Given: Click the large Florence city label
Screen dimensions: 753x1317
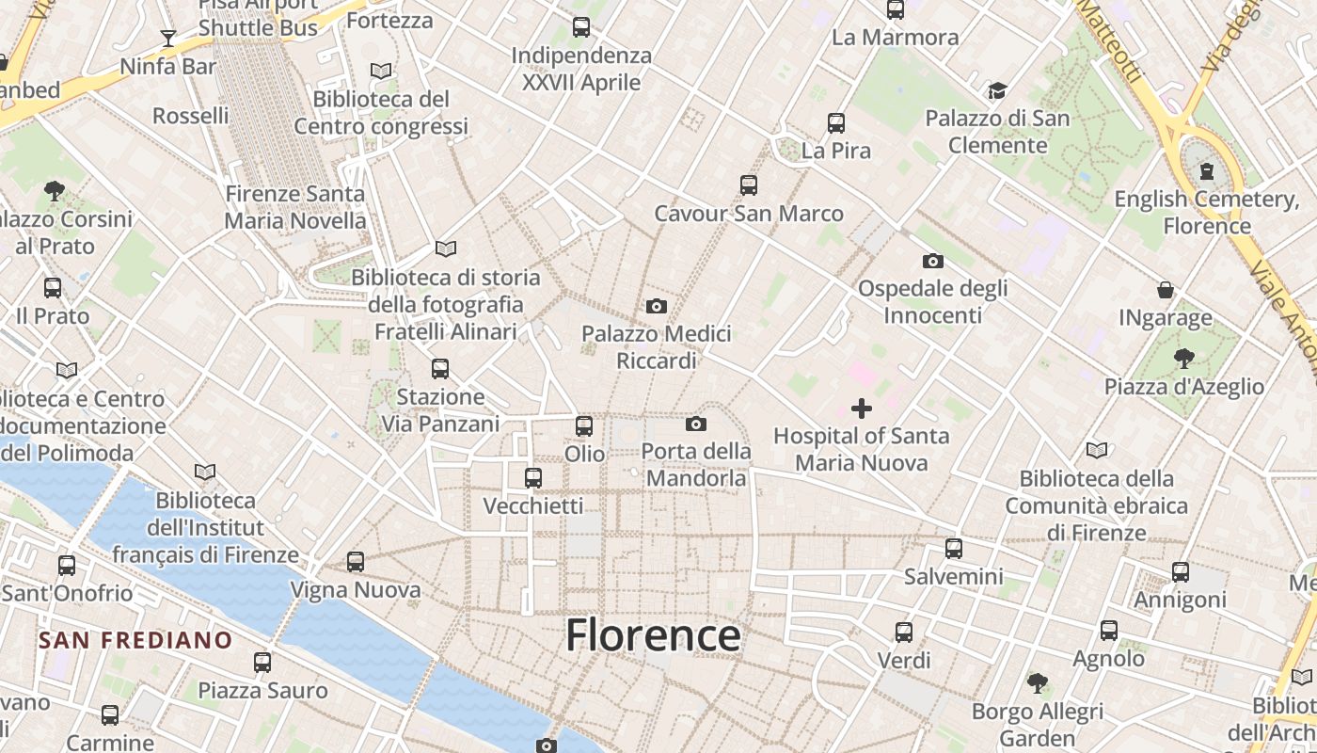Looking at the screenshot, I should point(653,636).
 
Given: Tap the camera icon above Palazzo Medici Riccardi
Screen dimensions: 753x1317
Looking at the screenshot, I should point(657,306).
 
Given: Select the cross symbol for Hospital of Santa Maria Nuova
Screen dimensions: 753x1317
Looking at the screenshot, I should point(861,409).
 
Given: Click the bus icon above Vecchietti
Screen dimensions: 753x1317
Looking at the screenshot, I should point(533,478).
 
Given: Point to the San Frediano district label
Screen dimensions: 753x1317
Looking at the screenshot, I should point(135,641).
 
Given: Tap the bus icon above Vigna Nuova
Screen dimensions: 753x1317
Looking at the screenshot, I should point(355,562).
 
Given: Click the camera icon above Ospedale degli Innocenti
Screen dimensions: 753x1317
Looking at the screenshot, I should point(932,261).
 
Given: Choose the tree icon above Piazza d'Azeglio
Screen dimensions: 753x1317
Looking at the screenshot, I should point(1183,358).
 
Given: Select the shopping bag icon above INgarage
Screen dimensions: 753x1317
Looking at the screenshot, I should point(1166,290).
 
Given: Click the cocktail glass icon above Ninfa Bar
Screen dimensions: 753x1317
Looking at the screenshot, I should point(168,39).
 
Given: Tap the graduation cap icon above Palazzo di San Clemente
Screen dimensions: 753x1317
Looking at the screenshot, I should point(997,90).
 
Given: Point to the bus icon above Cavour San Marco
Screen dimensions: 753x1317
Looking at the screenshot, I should point(749,185).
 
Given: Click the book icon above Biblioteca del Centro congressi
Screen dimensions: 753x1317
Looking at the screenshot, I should point(380,71).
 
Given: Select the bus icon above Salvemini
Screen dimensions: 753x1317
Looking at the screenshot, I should point(954,548).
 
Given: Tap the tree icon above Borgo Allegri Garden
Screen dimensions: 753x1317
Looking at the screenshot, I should point(1037,683).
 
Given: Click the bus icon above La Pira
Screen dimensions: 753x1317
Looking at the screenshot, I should point(835,122).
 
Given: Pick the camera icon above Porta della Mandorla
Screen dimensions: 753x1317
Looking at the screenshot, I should point(696,424).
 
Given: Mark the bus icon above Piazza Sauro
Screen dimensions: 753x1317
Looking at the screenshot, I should point(262,663).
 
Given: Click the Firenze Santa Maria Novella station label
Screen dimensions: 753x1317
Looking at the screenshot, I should point(295,207).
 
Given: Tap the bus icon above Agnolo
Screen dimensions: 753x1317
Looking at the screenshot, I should point(1109,631).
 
